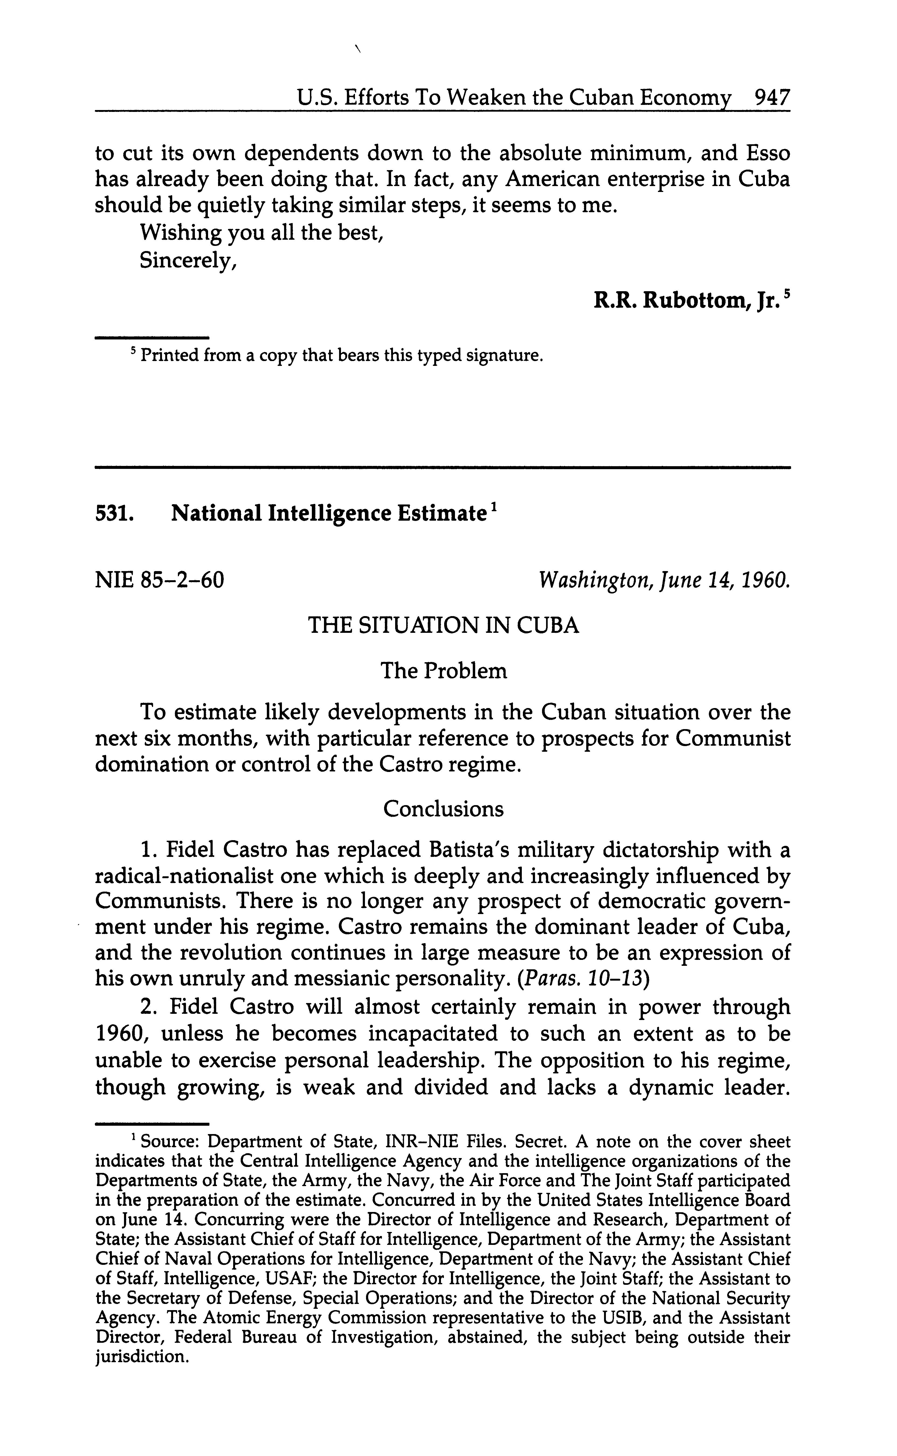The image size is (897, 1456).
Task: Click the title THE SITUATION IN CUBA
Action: [x=443, y=625]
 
